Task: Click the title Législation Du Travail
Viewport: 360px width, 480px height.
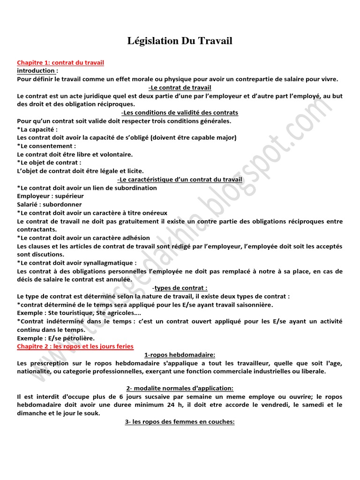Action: pos(180,41)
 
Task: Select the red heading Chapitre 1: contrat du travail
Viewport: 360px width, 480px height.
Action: pos(60,62)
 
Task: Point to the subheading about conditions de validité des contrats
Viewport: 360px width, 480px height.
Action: pos(180,112)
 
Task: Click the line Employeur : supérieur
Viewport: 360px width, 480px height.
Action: pos(50,196)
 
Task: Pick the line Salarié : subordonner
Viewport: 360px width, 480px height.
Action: pos(49,204)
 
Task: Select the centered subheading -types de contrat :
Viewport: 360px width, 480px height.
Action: pos(180,288)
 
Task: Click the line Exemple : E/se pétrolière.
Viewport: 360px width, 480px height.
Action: pos(56,338)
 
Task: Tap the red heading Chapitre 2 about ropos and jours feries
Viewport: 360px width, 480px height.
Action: pos(75,346)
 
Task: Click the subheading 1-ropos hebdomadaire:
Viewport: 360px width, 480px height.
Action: pos(180,355)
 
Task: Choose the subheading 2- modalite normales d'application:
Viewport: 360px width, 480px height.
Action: pos(180,388)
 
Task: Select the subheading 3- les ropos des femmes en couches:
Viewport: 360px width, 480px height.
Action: pos(180,421)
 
